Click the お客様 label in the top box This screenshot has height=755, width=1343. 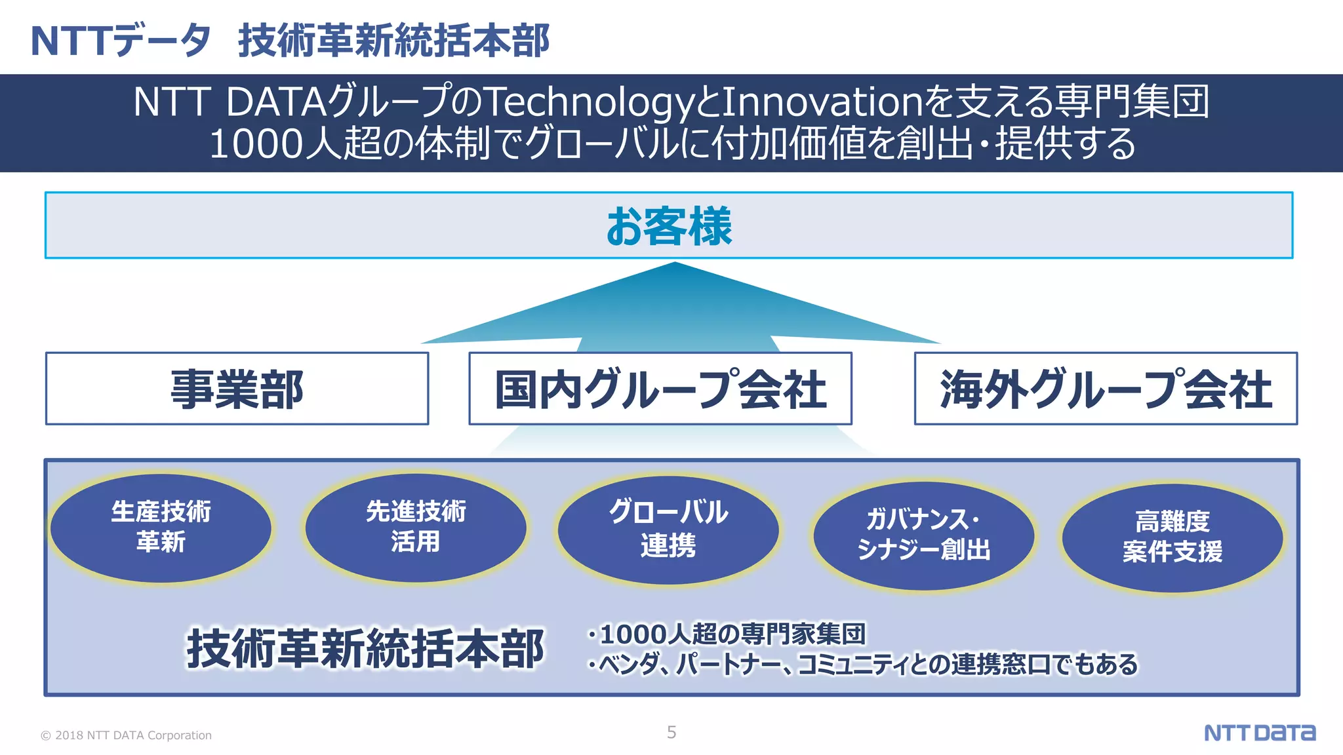(669, 226)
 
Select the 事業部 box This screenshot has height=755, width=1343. (237, 389)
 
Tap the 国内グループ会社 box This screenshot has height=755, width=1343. (660, 389)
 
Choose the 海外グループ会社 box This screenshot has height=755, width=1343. (1106, 389)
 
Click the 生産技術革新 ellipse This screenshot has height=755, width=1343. (161, 527)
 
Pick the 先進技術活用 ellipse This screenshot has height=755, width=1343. (416, 527)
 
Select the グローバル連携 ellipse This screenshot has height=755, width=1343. (668, 529)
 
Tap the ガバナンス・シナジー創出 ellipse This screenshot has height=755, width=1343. (923, 535)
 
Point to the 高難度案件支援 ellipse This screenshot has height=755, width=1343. (1173, 537)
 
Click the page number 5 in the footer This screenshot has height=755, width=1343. (671, 732)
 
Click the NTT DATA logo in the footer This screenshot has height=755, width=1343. (1260, 733)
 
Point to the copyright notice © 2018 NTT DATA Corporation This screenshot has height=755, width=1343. (127, 735)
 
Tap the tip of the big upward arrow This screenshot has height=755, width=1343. (675, 264)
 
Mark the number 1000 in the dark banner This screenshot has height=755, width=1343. (257, 144)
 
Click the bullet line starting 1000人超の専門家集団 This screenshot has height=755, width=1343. (727, 634)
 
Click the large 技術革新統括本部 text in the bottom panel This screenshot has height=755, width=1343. (365, 649)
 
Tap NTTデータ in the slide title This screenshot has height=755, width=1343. (121, 41)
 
